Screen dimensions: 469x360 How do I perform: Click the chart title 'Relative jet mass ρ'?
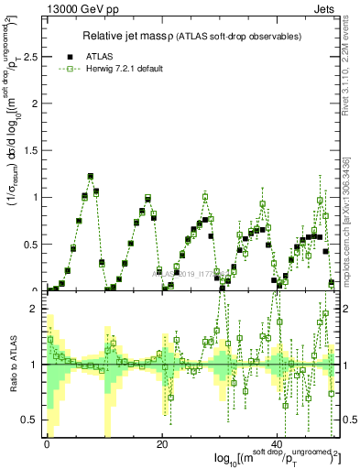135,36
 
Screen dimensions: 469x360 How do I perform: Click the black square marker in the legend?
71,55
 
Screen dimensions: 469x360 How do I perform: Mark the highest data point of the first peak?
91,176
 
